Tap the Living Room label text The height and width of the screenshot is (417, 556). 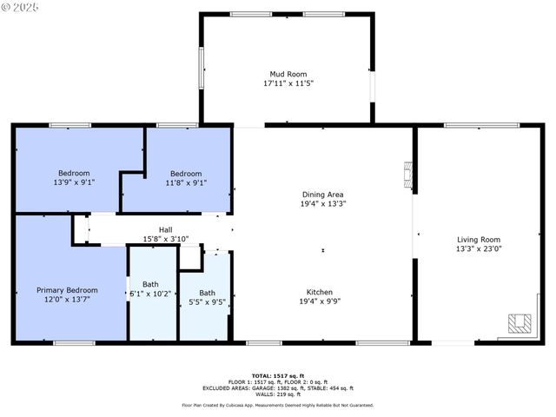tap(479, 239)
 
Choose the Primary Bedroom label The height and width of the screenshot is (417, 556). tap(67, 290)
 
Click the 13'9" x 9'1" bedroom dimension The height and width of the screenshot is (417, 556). tap(74, 182)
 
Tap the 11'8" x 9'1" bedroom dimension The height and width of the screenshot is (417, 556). tap(185, 182)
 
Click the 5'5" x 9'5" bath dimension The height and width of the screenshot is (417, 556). tap(207, 302)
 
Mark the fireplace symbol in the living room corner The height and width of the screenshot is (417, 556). tap(519, 323)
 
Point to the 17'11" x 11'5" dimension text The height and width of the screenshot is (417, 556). tap(288, 84)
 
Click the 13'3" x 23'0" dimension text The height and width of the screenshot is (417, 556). tap(479, 248)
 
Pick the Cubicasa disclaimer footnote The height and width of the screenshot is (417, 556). tap(277, 404)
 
